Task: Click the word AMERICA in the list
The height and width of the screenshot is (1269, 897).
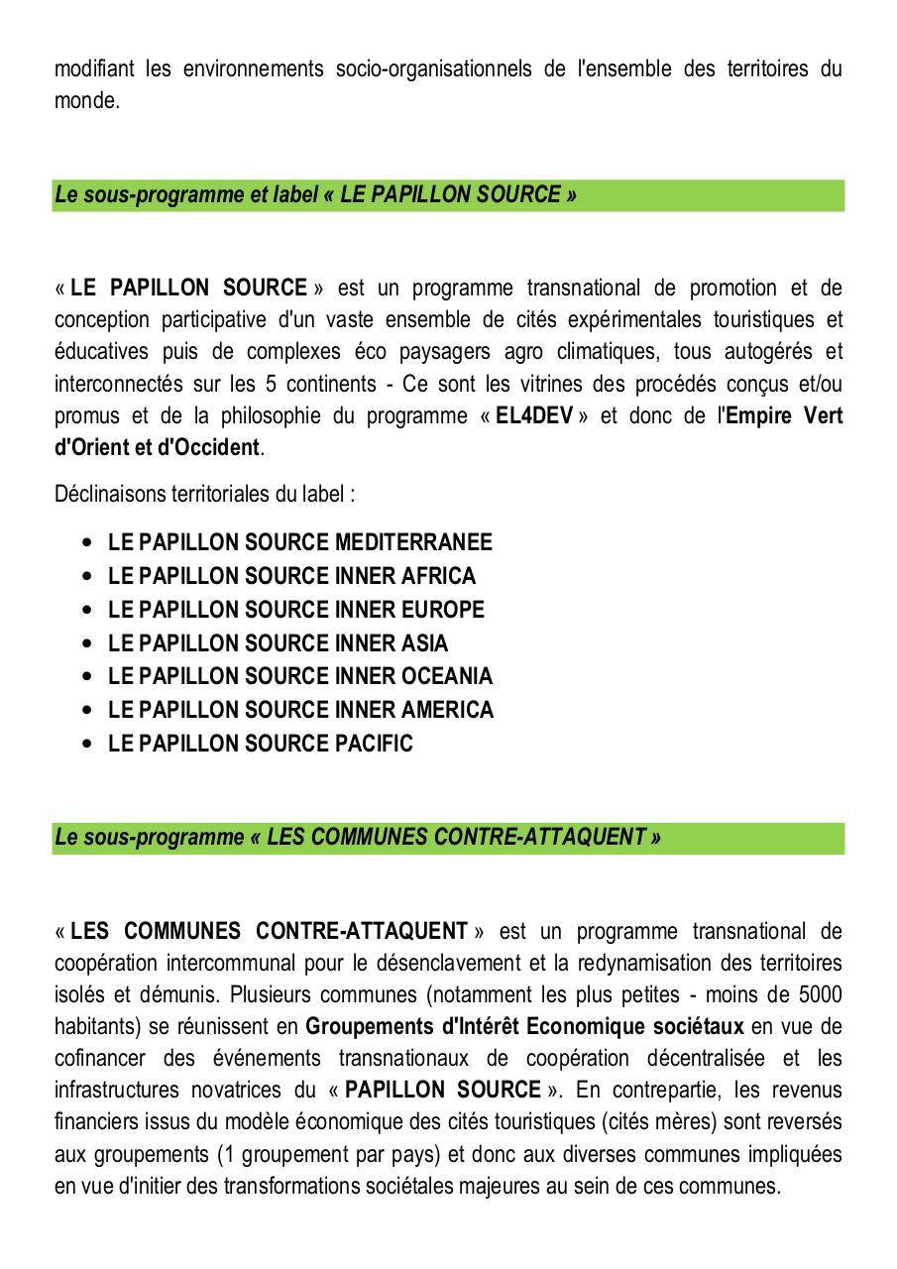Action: coord(447,710)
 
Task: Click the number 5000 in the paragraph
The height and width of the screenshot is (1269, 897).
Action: coord(820,994)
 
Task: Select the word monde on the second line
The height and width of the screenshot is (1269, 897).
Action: coord(85,101)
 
